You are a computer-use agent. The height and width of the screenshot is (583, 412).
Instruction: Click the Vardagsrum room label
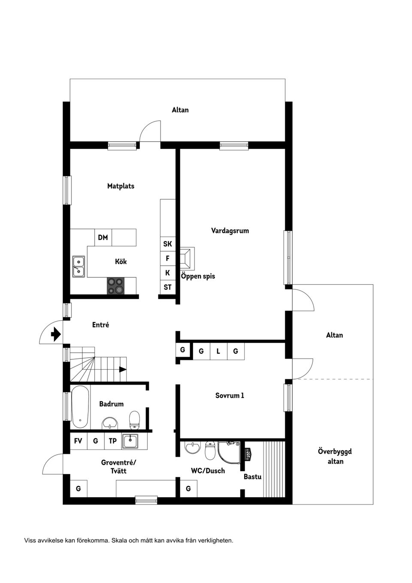[x=230, y=231]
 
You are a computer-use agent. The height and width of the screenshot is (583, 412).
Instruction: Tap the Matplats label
[x=121, y=186]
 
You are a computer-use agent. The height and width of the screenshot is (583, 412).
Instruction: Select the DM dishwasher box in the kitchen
[x=103, y=237]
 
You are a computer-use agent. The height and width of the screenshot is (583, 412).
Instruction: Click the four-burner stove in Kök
[x=115, y=286]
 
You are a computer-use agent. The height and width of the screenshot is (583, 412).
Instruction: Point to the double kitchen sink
[x=78, y=266]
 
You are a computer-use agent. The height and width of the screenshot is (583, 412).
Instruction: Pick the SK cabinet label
[x=167, y=244]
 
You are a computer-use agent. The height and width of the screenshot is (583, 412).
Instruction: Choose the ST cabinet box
[x=167, y=287]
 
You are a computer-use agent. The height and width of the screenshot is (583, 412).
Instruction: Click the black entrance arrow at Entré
[x=55, y=334]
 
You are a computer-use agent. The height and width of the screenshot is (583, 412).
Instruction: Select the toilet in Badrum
[x=135, y=419]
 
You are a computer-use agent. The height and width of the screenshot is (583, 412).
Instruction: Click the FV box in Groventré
[x=78, y=441]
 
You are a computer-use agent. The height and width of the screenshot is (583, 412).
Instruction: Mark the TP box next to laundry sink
[x=112, y=441]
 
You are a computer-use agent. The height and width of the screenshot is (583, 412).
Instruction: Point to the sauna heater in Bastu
[x=248, y=454]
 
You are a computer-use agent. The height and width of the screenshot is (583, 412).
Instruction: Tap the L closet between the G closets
[x=218, y=351]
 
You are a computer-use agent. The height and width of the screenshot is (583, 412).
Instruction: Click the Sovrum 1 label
[x=230, y=395]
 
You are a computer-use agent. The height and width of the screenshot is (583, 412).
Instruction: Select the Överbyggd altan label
[x=335, y=456]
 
